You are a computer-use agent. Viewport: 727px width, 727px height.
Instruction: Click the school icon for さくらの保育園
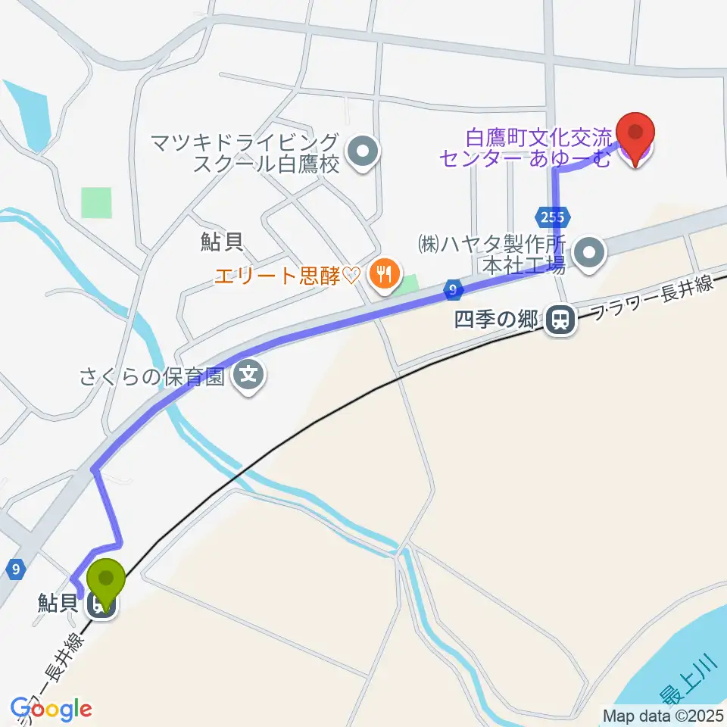(x=248, y=375)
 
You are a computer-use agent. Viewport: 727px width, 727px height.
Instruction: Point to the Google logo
(x=51, y=709)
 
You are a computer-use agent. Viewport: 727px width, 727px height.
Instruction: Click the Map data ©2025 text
(x=663, y=715)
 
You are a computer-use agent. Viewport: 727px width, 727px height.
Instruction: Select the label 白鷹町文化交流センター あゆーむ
(x=526, y=148)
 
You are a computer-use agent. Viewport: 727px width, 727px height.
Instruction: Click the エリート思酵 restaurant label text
(x=286, y=275)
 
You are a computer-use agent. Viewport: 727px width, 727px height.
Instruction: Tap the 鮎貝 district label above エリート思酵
(x=221, y=242)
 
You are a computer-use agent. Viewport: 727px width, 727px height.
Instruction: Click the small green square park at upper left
(x=96, y=202)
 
